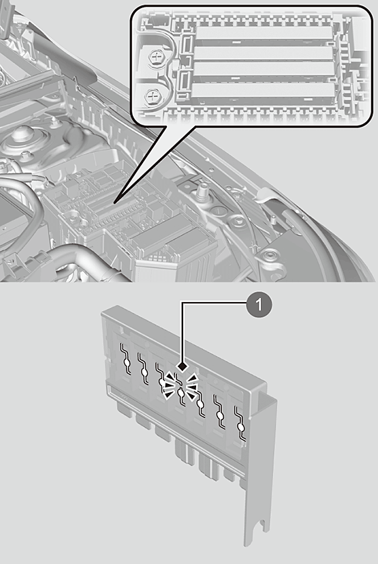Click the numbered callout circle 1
point(259,305)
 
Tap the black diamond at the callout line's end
point(182,366)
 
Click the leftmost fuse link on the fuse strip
point(126,359)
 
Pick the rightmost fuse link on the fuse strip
point(240,424)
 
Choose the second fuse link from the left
point(144,370)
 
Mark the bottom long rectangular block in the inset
point(263,93)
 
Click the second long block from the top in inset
point(264,54)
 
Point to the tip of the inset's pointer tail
point(114,204)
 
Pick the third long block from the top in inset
point(264,72)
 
